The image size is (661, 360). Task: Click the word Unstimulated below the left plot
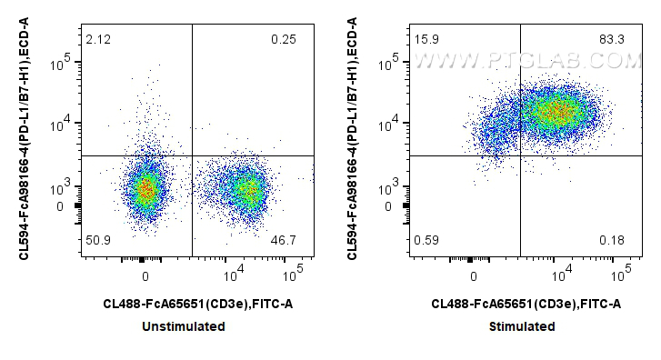(x=191, y=326)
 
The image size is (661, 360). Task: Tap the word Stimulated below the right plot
(x=523, y=326)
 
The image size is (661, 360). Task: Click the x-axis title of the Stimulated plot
(x=526, y=305)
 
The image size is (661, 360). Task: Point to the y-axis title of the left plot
(x=27, y=141)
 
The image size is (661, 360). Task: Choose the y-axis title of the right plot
(x=356, y=141)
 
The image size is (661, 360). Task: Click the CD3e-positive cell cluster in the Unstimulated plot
(x=244, y=189)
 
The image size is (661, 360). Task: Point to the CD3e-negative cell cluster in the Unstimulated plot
(x=145, y=189)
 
